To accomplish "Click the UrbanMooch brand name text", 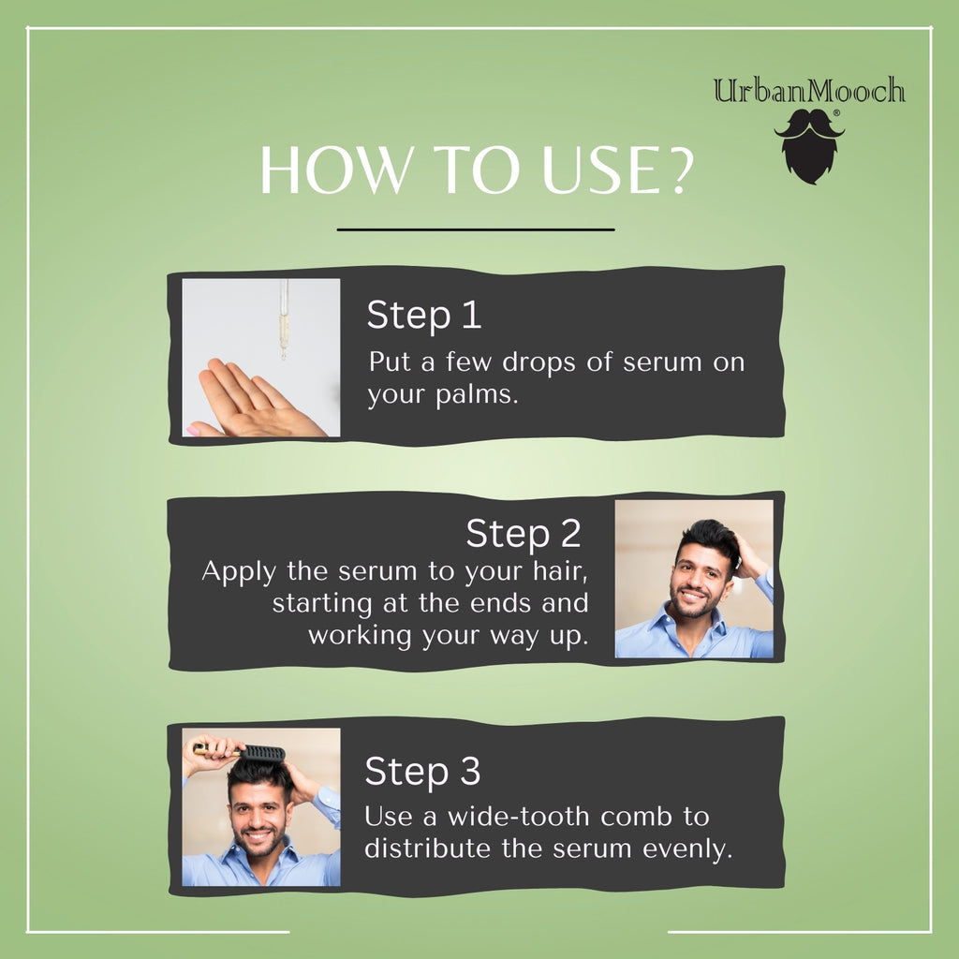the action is pyautogui.click(x=808, y=91).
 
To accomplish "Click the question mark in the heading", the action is pyautogui.click(x=678, y=170).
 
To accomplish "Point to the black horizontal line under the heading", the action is pyautogui.click(x=476, y=230).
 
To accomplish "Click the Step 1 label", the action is pyautogui.click(x=424, y=315).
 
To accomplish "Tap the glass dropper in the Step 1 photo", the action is pyautogui.click(x=284, y=319).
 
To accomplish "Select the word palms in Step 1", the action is pyautogui.click(x=477, y=394).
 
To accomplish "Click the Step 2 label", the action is pyautogui.click(x=523, y=533).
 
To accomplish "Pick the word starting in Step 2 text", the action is pyautogui.click(x=322, y=604).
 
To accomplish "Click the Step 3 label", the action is pyautogui.click(x=422, y=771).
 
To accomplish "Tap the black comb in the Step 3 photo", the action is pyautogui.click(x=262, y=752).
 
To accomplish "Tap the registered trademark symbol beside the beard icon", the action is pyautogui.click(x=836, y=113).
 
